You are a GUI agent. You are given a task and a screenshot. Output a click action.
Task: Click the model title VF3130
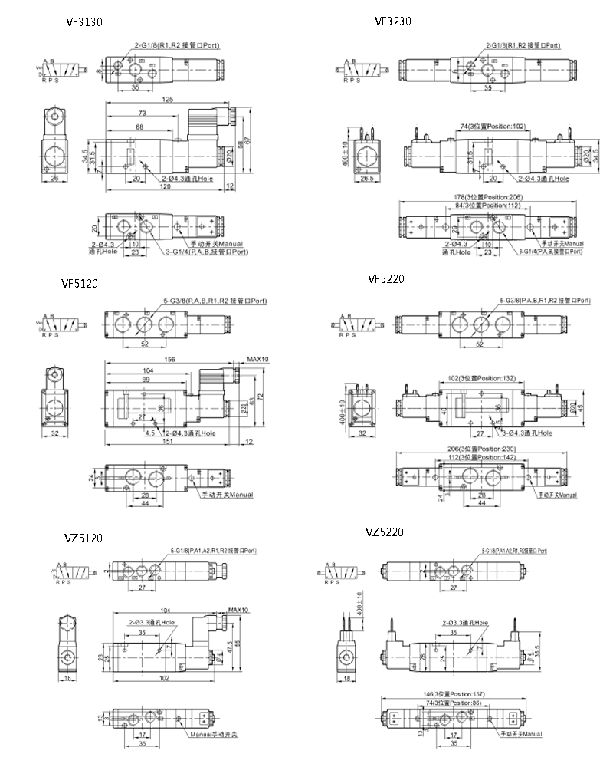(84, 22)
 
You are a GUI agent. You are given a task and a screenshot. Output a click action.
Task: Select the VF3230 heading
(393, 21)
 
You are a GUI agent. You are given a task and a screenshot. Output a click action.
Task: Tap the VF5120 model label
(80, 283)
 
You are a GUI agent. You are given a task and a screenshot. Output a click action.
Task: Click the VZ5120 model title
(82, 538)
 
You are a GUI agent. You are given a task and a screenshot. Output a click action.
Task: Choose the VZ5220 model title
(384, 532)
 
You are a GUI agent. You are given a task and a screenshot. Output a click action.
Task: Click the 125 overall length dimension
(168, 100)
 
